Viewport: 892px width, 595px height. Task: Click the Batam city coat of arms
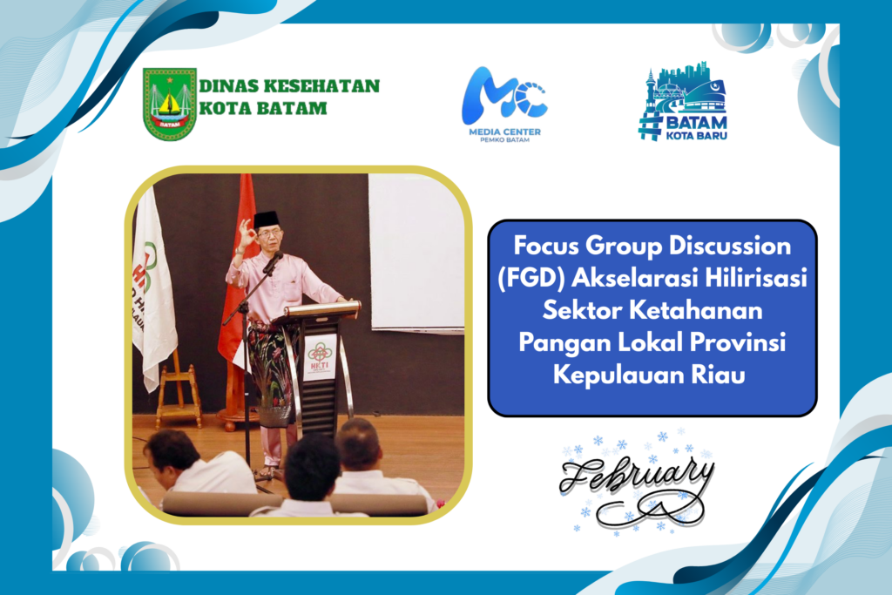coord(170,104)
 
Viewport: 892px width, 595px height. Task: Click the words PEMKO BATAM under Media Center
coord(504,140)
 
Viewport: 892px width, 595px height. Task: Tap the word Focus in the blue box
coord(545,246)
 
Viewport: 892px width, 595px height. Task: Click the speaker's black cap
coord(267,219)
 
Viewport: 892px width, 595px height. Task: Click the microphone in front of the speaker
coord(273,263)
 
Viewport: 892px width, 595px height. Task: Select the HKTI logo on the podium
coord(320,356)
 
